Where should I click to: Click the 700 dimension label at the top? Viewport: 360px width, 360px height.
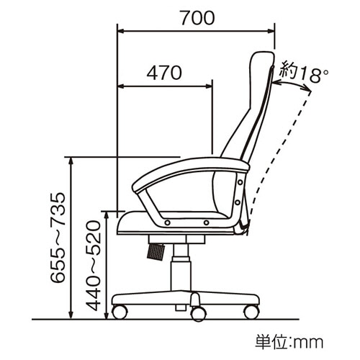coord(197,18)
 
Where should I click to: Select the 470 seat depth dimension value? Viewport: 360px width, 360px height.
coord(164,73)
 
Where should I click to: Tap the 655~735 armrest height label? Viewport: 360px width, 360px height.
coord(58,238)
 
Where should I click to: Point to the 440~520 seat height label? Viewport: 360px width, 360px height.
coord(93,266)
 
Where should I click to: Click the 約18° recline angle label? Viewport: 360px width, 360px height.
coord(305,71)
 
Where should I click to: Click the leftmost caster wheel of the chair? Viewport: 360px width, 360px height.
coord(120,312)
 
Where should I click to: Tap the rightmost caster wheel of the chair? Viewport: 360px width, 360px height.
coord(252,312)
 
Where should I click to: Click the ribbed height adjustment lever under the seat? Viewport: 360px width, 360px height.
coord(156,251)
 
